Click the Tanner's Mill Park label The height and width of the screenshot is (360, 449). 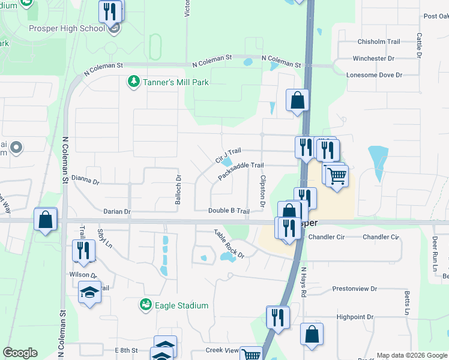coord(175,82)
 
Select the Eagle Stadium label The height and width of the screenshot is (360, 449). coord(181,305)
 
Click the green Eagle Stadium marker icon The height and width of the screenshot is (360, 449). coord(146,305)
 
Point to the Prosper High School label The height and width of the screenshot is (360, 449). coord(67,28)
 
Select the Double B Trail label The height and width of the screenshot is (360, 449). coord(229,211)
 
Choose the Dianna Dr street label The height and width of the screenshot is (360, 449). coord(85,178)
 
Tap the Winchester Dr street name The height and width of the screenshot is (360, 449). coord(373,59)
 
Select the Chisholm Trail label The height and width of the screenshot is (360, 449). coord(379,42)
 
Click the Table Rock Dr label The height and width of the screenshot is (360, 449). coord(230,243)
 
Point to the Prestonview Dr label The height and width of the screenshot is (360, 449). coord(357,289)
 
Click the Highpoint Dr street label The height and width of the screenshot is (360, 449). coord(355,317)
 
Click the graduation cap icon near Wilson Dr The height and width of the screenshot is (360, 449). coord(89,292)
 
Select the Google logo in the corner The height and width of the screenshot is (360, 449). coord(20,353)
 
